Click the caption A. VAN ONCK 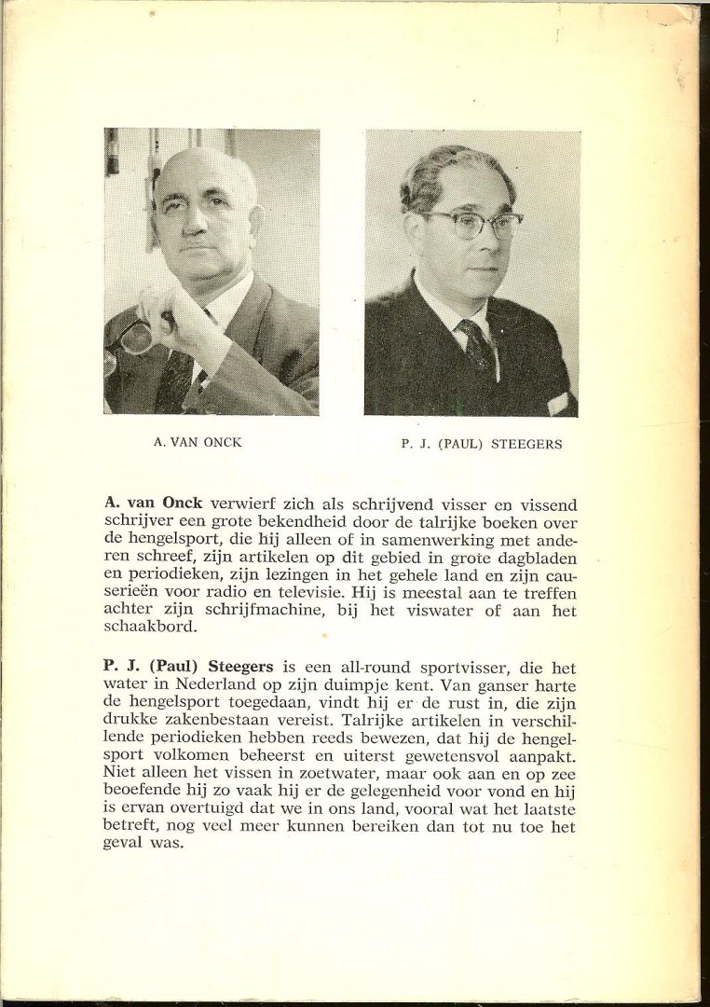[197, 443]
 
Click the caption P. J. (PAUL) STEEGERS [482, 444]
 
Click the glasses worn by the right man [473, 222]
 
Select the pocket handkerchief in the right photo [561, 403]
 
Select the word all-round [351, 669]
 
